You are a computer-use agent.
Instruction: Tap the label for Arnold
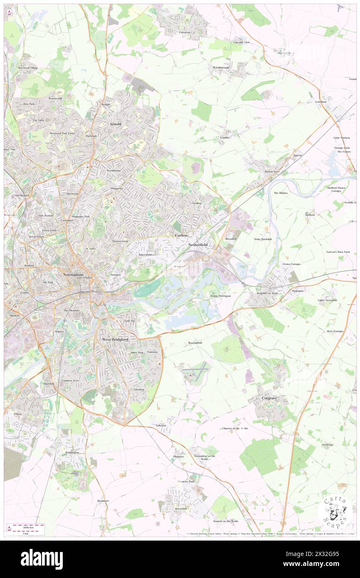coord(115,124)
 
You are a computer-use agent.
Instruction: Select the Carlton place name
coord(181,235)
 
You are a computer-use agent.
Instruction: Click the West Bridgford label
coord(115,339)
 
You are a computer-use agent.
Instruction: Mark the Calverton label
coord(185,32)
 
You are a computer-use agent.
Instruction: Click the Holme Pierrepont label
coord(220,296)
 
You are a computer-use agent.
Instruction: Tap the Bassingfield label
coord(195,343)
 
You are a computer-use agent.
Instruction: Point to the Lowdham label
coord(321,101)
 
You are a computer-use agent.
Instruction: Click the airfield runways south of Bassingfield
coord(195,371)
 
